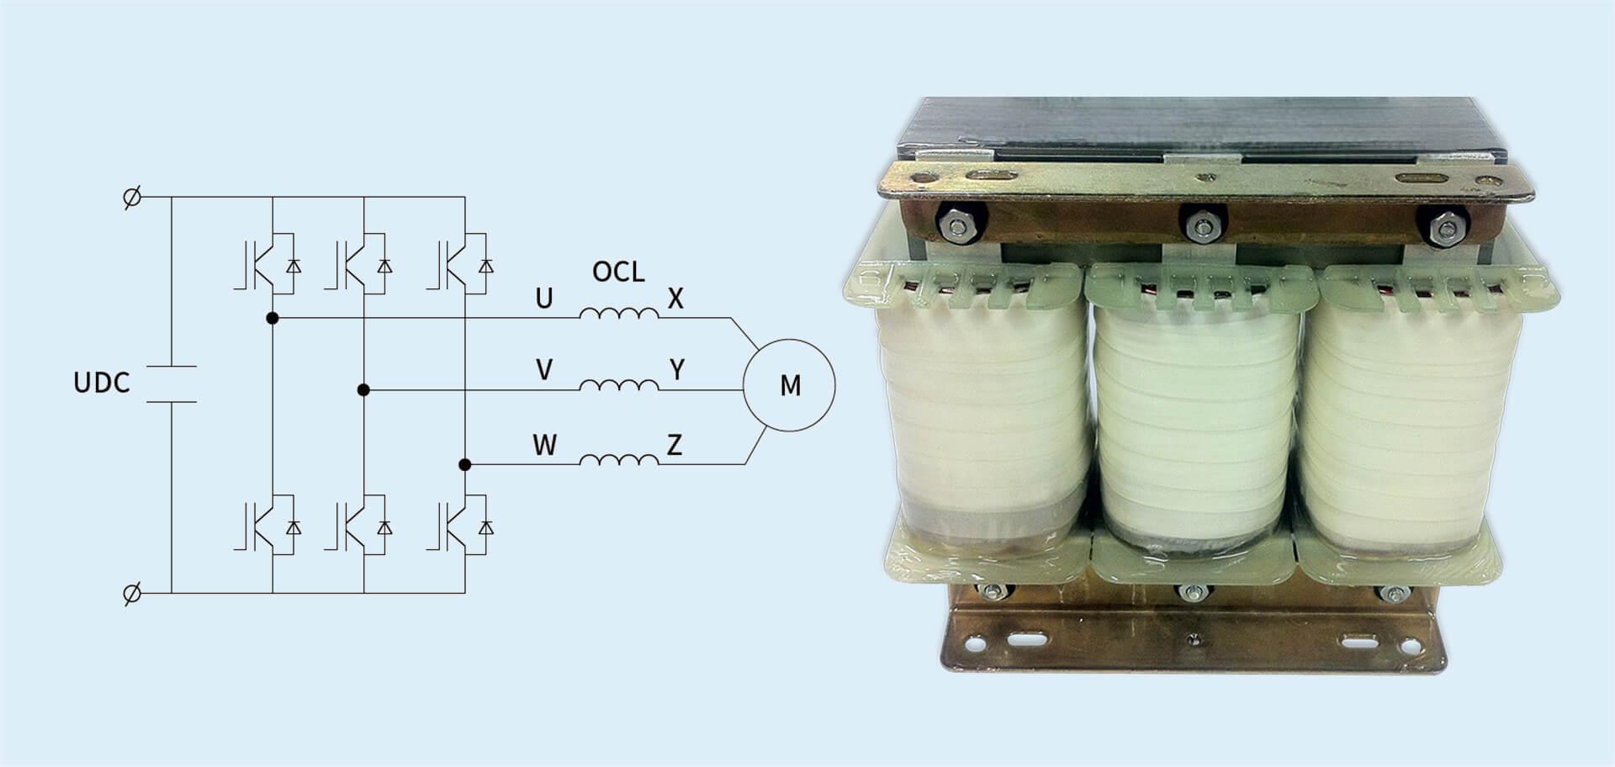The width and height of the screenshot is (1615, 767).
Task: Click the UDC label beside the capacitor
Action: (x=102, y=383)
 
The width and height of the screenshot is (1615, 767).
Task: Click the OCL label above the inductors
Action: (x=618, y=272)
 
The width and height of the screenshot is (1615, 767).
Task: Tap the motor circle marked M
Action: (x=789, y=385)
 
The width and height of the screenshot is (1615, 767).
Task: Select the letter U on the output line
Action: (x=544, y=299)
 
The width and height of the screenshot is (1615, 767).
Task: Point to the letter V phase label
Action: (x=544, y=370)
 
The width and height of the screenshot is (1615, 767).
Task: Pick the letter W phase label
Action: (x=545, y=444)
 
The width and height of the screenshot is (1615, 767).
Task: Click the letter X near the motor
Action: (x=675, y=299)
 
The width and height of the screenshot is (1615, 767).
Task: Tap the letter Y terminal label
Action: (x=676, y=370)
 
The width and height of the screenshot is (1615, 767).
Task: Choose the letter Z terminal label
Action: (x=675, y=444)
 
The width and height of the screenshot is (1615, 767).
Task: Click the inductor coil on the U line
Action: (x=619, y=314)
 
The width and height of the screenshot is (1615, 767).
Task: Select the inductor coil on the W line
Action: (x=619, y=459)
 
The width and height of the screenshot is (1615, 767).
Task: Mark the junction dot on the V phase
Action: (x=363, y=390)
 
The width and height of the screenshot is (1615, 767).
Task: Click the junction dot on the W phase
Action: (x=464, y=464)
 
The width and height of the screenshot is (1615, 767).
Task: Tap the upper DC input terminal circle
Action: (x=132, y=198)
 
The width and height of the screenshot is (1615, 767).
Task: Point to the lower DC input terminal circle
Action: (x=132, y=594)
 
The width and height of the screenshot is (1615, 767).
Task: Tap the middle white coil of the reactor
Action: (x=1195, y=421)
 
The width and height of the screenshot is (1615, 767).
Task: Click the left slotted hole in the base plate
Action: (x=1024, y=638)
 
